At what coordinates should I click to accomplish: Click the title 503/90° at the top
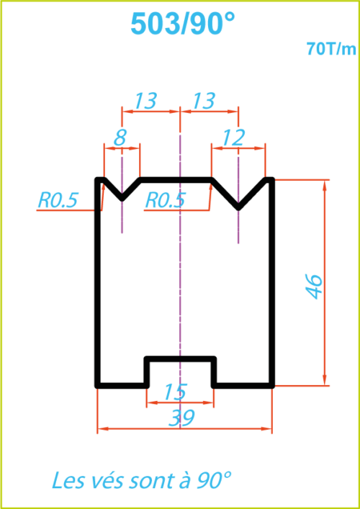tap(182, 24)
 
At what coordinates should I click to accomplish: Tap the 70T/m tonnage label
tap(331, 49)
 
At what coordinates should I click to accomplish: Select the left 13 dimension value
tap(145, 101)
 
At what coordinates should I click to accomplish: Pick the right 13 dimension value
tap(204, 101)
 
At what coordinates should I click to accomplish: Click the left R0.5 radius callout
tap(58, 200)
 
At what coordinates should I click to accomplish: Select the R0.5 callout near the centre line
tap(165, 200)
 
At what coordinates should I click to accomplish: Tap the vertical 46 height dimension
tap(314, 287)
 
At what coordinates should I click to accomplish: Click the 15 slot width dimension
tap(175, 392)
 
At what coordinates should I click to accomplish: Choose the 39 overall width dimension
tap(181, 418)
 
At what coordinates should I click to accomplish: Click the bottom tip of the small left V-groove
tap(122, 199)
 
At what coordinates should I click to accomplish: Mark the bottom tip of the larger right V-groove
tap(238, 208)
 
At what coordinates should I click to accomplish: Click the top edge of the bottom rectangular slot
tap(180, 359)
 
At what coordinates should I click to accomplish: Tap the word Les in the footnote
tap(67, 480)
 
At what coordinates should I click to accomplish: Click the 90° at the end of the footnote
tap(214, 479)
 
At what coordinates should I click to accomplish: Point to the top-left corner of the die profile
tap(97, 180)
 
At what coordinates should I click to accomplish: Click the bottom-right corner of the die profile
tap(272, 386)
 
